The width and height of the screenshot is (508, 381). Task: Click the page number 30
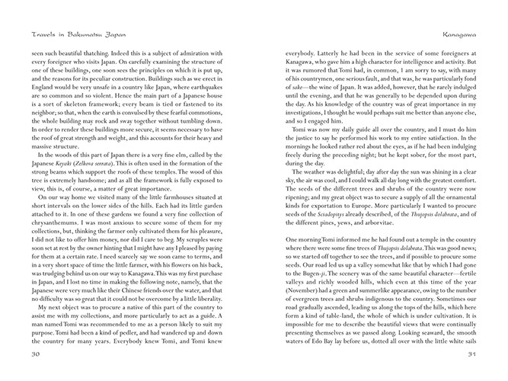(x=34, y=354)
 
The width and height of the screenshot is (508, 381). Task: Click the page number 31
(x=472, y=354)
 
